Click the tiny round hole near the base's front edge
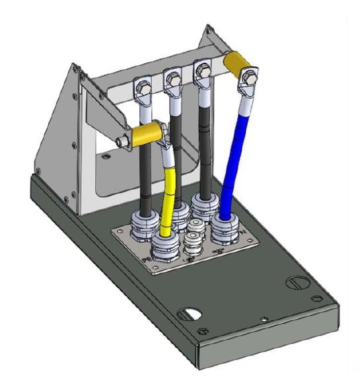coord(264,320)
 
